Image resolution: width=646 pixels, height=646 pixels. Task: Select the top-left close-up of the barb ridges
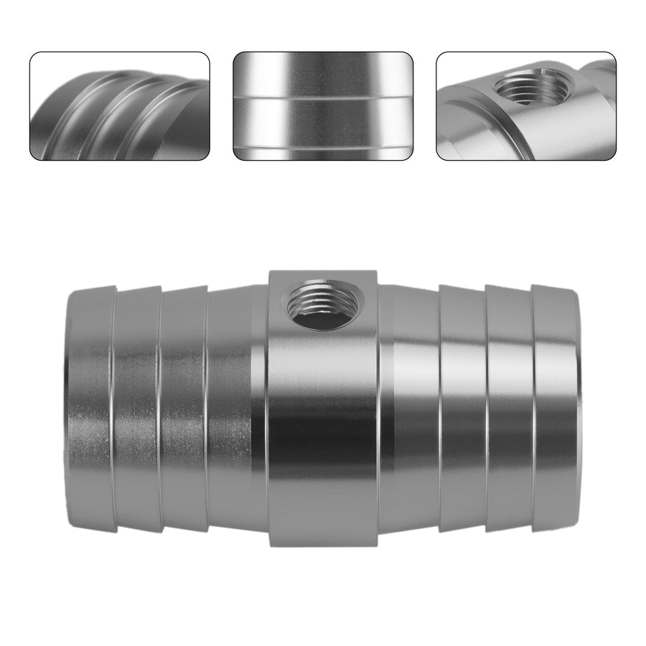(119, 106)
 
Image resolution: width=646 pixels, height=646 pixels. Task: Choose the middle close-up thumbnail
(323, 106)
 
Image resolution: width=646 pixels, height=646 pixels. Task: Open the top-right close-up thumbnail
(526, 106)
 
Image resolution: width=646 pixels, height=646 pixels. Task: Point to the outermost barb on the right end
(554, 409)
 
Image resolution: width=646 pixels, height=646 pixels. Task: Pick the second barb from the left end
(136, 409)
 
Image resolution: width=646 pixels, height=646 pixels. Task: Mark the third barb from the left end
(183, 409)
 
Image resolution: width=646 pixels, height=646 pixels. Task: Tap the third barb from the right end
(462, 409)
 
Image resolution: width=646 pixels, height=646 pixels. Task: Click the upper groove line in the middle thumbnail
(323, 95)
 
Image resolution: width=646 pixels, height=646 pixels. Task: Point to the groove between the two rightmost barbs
(532, 409)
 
